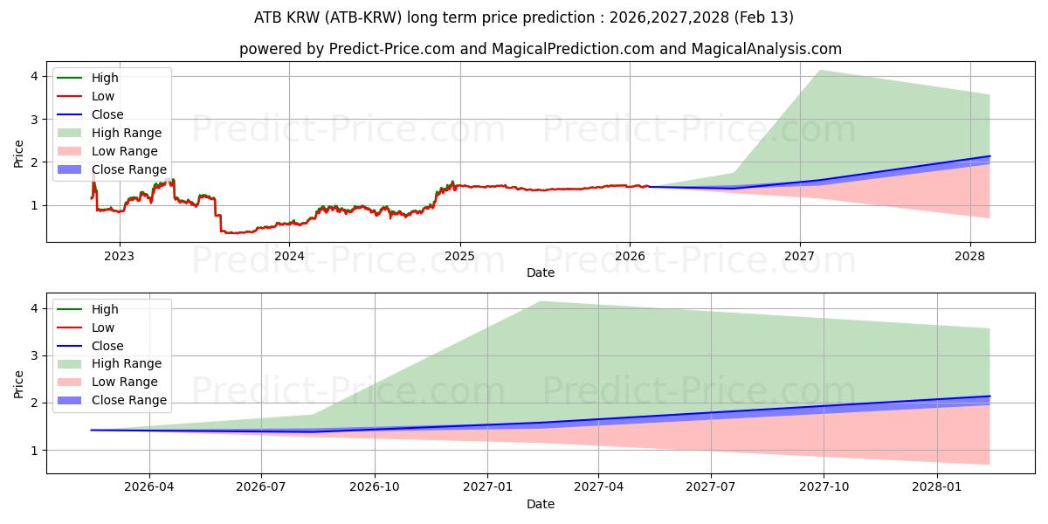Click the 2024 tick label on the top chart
(289, 256)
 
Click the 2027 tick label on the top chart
(799, 256)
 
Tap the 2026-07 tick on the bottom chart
(261, 487)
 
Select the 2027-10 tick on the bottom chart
(824, 487)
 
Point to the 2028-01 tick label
(936, 487)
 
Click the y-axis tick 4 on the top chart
(34, 76)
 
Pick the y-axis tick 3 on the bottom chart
(34, 355)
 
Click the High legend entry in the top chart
(105, 78)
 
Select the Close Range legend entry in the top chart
(129, 169)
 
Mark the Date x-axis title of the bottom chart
(541, 504)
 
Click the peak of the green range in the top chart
(819, 70)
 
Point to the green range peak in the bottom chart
(541, 301)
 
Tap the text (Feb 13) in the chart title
(766, 17)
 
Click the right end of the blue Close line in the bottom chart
(989, 396)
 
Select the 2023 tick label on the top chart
(119, 256)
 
